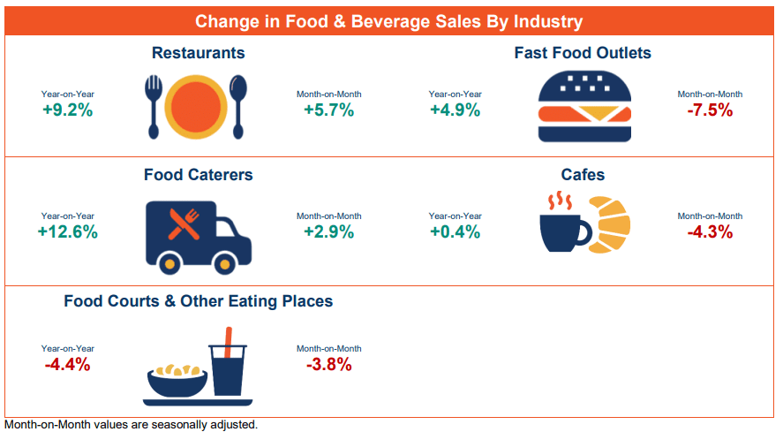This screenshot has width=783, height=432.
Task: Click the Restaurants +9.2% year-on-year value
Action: coord(67,110)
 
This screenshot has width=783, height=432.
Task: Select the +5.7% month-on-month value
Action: coord(328,110)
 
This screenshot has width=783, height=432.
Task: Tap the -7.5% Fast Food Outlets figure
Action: coord(710,110)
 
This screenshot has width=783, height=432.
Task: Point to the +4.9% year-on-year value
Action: coord(455,110)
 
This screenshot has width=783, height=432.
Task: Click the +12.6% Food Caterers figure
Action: coord(67,232)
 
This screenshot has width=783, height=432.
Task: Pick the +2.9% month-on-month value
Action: coord(328,232)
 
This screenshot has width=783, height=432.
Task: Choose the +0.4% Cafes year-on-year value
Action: coord(455,232)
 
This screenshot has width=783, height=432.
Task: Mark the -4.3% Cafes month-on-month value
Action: coord(710,232)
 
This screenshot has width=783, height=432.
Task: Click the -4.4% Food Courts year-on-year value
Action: coord(67,364)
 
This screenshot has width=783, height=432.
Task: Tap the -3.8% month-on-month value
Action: coord(328,364)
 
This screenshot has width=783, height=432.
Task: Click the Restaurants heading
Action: coord(198,53)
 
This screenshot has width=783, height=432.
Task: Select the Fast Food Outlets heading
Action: coord(583,53)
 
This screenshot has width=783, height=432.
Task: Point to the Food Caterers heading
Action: coord(198,175)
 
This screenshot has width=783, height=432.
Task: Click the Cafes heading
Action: coord(583,175)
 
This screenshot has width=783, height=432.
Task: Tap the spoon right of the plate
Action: coord(237,104)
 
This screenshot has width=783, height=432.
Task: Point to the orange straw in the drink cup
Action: coord(229,340)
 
